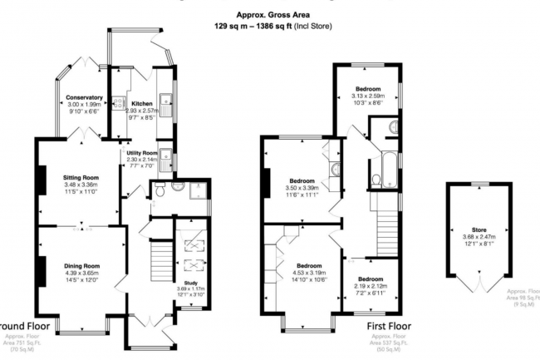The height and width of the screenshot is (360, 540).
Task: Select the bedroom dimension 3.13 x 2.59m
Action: tap(368, 95)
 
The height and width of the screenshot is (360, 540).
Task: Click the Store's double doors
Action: tap(481, 285)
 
